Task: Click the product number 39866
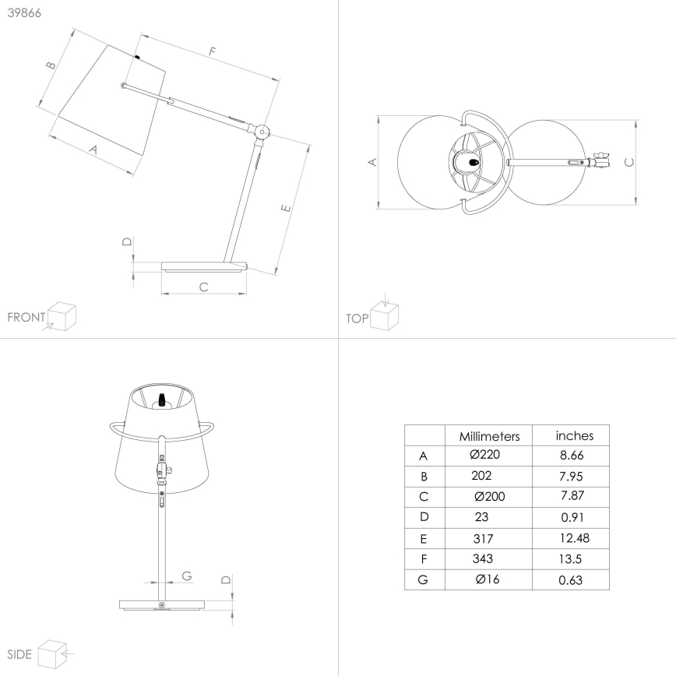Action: click(x=25, y=14)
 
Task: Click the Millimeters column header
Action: click(x=488, y=436)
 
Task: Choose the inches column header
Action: click(x=574, y=435)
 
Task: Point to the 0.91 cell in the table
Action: click(x=571, y=517)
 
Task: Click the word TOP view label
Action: click(x=357, y=318)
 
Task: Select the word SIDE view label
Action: click(x=19, y=653)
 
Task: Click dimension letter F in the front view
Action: click(x=211, y=52)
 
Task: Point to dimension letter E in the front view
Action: click(x=286, y=209)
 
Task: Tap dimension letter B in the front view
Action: click(x=51, y=66)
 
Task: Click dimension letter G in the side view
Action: click(x=186, y=576)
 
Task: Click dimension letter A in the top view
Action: click(x=371, y=162)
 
